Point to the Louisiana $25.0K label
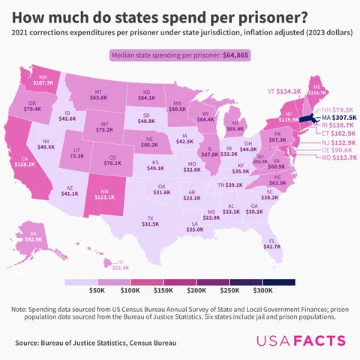coord(195,226)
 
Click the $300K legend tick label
coord(262,289)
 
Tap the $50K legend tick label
coord(97,289)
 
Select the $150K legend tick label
coord(163,289)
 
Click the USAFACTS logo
coord(301,341)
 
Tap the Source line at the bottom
coord(95,343)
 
